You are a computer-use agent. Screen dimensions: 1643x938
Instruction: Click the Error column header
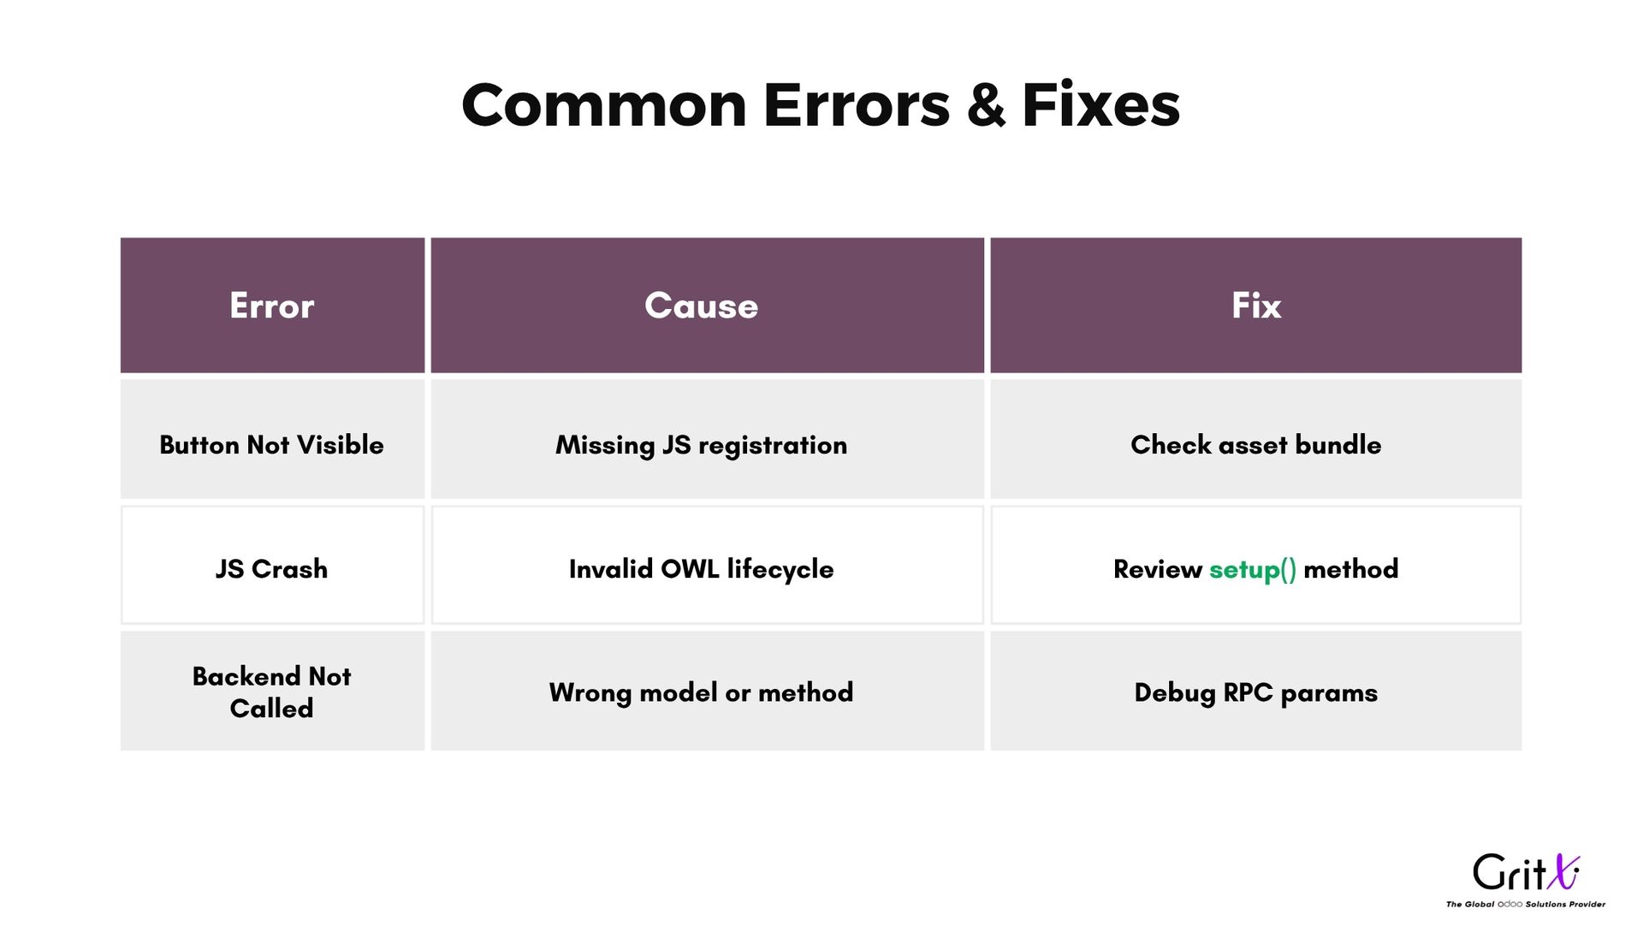point(272,306)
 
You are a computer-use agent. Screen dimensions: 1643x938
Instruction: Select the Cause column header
point(707,306)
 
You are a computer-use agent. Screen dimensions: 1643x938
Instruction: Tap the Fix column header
point(1255,306)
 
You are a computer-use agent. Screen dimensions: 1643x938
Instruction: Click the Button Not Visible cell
point(272,439)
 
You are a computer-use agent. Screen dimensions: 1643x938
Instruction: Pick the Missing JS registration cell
point(707,439)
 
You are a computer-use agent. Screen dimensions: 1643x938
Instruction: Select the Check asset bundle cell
point(1255,439)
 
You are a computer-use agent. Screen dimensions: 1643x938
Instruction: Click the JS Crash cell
point(272,565)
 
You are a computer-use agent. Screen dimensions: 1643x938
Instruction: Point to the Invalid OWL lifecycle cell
point(707,565)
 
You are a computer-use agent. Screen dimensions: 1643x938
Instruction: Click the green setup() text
point(1253,570)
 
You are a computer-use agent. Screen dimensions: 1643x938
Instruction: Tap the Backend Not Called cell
point(272,691)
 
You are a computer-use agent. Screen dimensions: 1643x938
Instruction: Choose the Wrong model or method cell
point(707,691)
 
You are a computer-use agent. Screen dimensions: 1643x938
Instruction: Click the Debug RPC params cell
point(1255,691)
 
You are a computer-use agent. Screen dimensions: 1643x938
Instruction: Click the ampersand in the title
point(986,105)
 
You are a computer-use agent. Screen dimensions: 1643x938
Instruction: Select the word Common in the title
point(604,105)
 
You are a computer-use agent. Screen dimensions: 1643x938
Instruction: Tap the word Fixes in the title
point(1101,105)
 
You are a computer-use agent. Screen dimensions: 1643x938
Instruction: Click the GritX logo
point(1526,873)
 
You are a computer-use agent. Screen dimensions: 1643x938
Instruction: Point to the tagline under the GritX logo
point(1526,904)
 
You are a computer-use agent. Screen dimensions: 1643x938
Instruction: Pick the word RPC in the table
point(1248,692)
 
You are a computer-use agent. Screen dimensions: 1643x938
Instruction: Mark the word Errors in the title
point(857,105)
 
